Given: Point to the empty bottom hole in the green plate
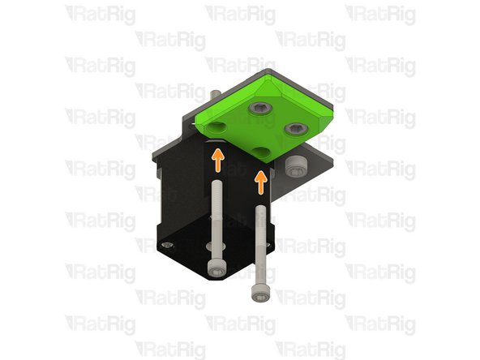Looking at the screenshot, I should [259, 152].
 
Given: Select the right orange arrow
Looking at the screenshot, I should [260, 182].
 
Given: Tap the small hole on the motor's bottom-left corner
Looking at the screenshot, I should [166, 242].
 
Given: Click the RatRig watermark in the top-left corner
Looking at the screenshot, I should [101, 14].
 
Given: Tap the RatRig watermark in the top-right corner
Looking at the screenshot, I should [381, 14].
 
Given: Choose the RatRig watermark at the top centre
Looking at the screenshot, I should [241, 14].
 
